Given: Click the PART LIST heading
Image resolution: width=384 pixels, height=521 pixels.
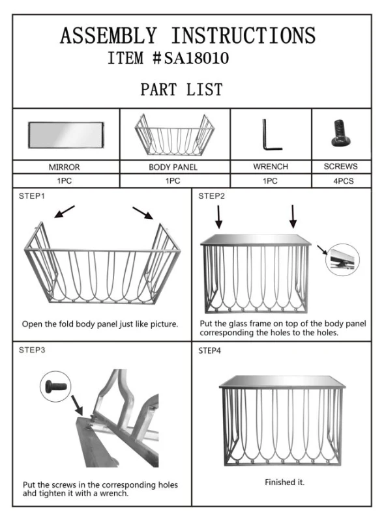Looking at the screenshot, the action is coord(181,89).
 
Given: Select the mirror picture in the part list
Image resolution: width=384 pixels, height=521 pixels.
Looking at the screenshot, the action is coord(66,135).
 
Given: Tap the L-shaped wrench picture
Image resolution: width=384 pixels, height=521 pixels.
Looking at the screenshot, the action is coord(271,135).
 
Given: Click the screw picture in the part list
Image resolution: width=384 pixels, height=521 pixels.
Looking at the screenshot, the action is coord(342,133).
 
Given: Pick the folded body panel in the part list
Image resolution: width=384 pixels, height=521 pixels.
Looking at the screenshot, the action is coord(174,135).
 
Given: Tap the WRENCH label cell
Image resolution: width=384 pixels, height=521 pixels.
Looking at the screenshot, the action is coord(271,167).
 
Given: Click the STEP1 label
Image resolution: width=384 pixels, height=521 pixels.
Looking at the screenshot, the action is coord(32,196).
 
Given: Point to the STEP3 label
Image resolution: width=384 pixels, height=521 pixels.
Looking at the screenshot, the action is coord(32,350).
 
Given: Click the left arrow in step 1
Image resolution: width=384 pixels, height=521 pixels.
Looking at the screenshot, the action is coord(65,212).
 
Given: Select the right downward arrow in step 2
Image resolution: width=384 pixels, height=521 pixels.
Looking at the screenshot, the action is coord(293,216).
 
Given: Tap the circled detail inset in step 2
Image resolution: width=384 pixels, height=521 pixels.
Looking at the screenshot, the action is coord(342,259).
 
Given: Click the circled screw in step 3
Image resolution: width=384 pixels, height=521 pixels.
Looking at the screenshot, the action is coord(55,386).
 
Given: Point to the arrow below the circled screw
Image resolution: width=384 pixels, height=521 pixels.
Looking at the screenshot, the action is coord(77,404).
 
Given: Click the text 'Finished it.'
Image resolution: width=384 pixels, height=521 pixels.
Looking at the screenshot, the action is coord(284,482).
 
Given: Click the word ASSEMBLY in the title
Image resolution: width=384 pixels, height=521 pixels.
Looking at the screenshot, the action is coord(108,36).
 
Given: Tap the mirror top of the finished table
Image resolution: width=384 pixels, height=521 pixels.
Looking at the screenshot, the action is coord(282,382).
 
